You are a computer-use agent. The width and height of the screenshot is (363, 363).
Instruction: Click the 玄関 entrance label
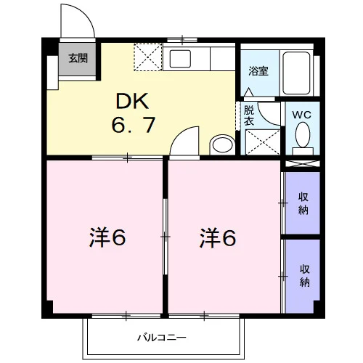click(x=78, y=58)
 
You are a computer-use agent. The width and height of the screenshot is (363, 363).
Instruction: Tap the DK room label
click(x=132, y=101)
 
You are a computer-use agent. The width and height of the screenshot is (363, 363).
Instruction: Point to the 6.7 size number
click(x=133, y=125)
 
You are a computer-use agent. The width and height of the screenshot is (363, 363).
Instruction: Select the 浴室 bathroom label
click(x=258, y=71)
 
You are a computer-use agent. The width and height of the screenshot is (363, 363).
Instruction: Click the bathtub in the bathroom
click(x=296, y=73)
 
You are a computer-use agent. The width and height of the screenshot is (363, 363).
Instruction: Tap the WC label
click(x=302, y=115)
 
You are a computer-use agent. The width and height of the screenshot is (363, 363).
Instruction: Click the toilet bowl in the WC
click(x=303, y=134)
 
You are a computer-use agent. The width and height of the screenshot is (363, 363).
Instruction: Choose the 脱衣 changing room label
click(x=249, y=115)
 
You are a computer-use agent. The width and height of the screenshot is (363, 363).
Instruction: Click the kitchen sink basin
click(x=180, y=59)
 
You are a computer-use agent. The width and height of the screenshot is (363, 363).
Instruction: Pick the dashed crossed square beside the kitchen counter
click(x=148, y=57)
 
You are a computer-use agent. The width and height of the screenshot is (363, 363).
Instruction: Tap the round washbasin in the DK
click(x=222, y=144)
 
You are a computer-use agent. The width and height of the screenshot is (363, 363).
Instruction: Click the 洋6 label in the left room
click(x=107, y=237)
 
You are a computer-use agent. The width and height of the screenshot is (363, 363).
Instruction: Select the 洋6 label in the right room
click(x=218, y=238)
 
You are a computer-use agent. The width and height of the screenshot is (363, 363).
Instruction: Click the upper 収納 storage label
click(x=303, y=203)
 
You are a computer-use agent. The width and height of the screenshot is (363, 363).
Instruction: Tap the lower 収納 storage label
click(x=304, y=276)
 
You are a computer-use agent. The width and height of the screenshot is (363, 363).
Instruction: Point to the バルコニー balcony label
click(x=162, y=337)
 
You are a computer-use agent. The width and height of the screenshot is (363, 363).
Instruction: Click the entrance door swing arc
click(x=85, y=15)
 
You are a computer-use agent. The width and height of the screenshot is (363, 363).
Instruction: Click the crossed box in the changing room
click(x=263, y=142)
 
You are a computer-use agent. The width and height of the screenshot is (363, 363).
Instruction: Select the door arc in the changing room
click(x=264, y=118)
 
